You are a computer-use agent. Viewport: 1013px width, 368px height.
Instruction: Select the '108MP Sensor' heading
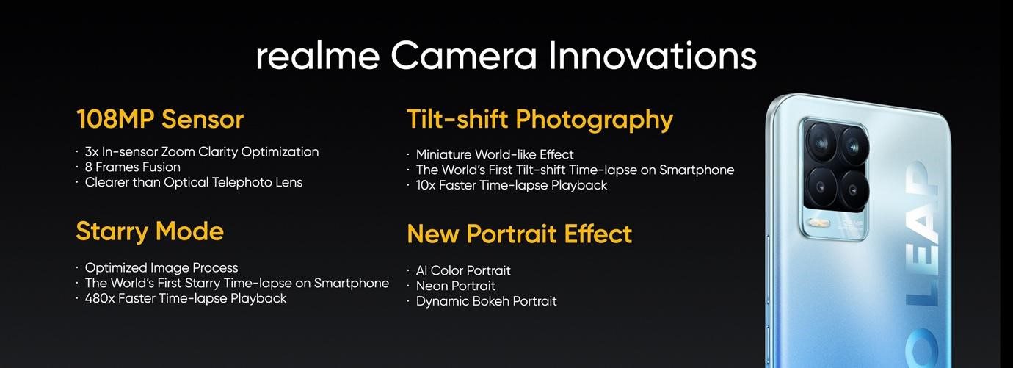point(160,119)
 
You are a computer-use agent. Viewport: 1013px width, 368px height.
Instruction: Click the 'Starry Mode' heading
point(150,231)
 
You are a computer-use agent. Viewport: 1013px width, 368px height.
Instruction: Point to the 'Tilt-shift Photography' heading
point(540,119)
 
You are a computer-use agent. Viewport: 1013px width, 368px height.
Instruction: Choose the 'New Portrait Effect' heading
point(519,234)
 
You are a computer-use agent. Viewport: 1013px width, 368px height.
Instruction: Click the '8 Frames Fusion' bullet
point(133,167)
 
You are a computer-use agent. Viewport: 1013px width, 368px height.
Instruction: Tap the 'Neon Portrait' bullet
point(455,286)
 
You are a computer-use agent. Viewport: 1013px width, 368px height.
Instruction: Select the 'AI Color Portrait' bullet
point(463,270)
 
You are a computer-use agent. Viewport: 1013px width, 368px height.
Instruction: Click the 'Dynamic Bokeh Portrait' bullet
point(486,301)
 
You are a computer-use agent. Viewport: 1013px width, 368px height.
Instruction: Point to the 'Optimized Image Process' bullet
point(161,267)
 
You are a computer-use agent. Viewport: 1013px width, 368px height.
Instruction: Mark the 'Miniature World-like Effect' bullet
point(495,154)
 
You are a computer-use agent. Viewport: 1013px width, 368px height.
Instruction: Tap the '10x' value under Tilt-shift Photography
point(426,185)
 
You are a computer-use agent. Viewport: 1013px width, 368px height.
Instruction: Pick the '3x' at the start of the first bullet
point(92,152)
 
